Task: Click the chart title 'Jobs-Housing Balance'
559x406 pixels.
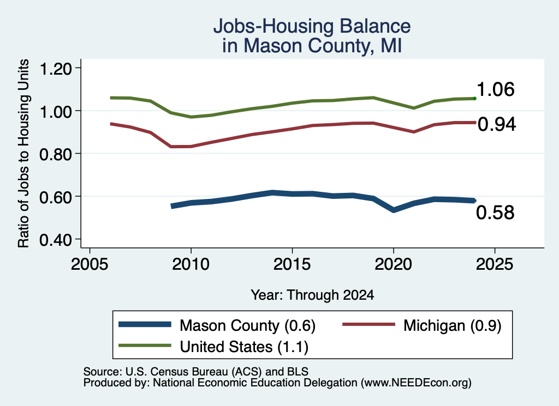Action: pos(312,26)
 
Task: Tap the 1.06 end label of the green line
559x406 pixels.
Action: pos(496,89)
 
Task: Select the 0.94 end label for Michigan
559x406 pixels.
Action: pos(497,124)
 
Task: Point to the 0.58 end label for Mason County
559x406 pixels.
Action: pos(495,213)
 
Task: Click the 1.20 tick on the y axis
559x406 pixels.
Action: pos(56,68)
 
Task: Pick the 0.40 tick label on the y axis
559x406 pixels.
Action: pos(56,240)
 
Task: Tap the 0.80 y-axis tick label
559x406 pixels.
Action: pos(56,154)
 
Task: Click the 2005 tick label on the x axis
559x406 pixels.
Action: pos(90,264)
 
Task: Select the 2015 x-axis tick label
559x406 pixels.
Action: pos(292,264)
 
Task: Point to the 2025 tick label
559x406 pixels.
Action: pos(495,264)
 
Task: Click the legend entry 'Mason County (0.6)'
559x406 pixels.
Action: pos(247,325)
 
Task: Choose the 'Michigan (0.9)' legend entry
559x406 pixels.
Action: pos(453,325)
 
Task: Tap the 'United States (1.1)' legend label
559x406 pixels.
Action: pos(244,347)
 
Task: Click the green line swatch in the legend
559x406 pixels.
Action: pos(145,346)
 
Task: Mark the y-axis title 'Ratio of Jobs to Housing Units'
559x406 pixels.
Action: pos(23,153)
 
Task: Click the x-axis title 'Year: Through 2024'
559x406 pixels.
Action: pos(312,295)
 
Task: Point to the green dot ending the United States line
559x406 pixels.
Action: pos(474,98)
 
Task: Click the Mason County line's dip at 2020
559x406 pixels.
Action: pos(394,210)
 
